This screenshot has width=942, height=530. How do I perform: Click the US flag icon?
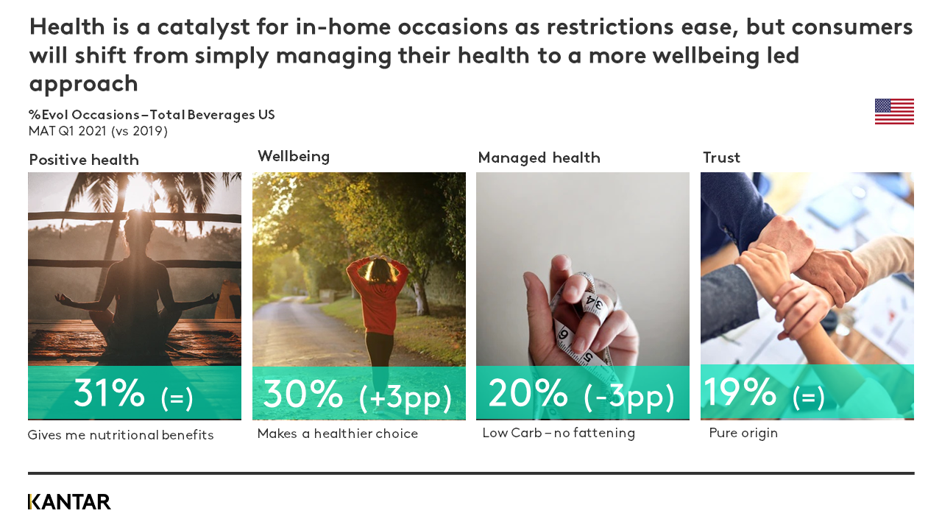click(x=894, y=112)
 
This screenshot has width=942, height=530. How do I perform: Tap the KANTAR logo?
click(x=69, y=502)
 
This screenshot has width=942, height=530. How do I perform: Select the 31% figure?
click(x=109, y=394)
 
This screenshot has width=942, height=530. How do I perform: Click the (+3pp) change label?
click(x=406, y=397)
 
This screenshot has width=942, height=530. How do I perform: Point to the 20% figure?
click(x=528, y=394)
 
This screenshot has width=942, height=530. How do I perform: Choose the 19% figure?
click(x=740, y=392)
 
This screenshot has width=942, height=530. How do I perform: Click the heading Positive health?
click(x=84, y=160)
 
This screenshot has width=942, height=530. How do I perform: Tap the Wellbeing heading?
click(x=294, y=156)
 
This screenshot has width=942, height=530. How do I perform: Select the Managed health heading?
click(x=539, y=158)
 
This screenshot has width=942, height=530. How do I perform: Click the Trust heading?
click(x=721, y=158)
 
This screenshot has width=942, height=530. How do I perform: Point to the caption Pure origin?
click(x=743, y=433)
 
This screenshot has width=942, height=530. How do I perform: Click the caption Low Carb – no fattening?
click(x=559, y=433)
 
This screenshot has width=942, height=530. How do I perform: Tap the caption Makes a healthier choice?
click(x=337, y=434)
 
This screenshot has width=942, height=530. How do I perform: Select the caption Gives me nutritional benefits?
click(x=121, y=435)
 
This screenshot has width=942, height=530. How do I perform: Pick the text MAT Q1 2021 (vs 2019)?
click(x=98, y=131)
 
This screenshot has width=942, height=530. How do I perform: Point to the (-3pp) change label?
click(x=629, y=397)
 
